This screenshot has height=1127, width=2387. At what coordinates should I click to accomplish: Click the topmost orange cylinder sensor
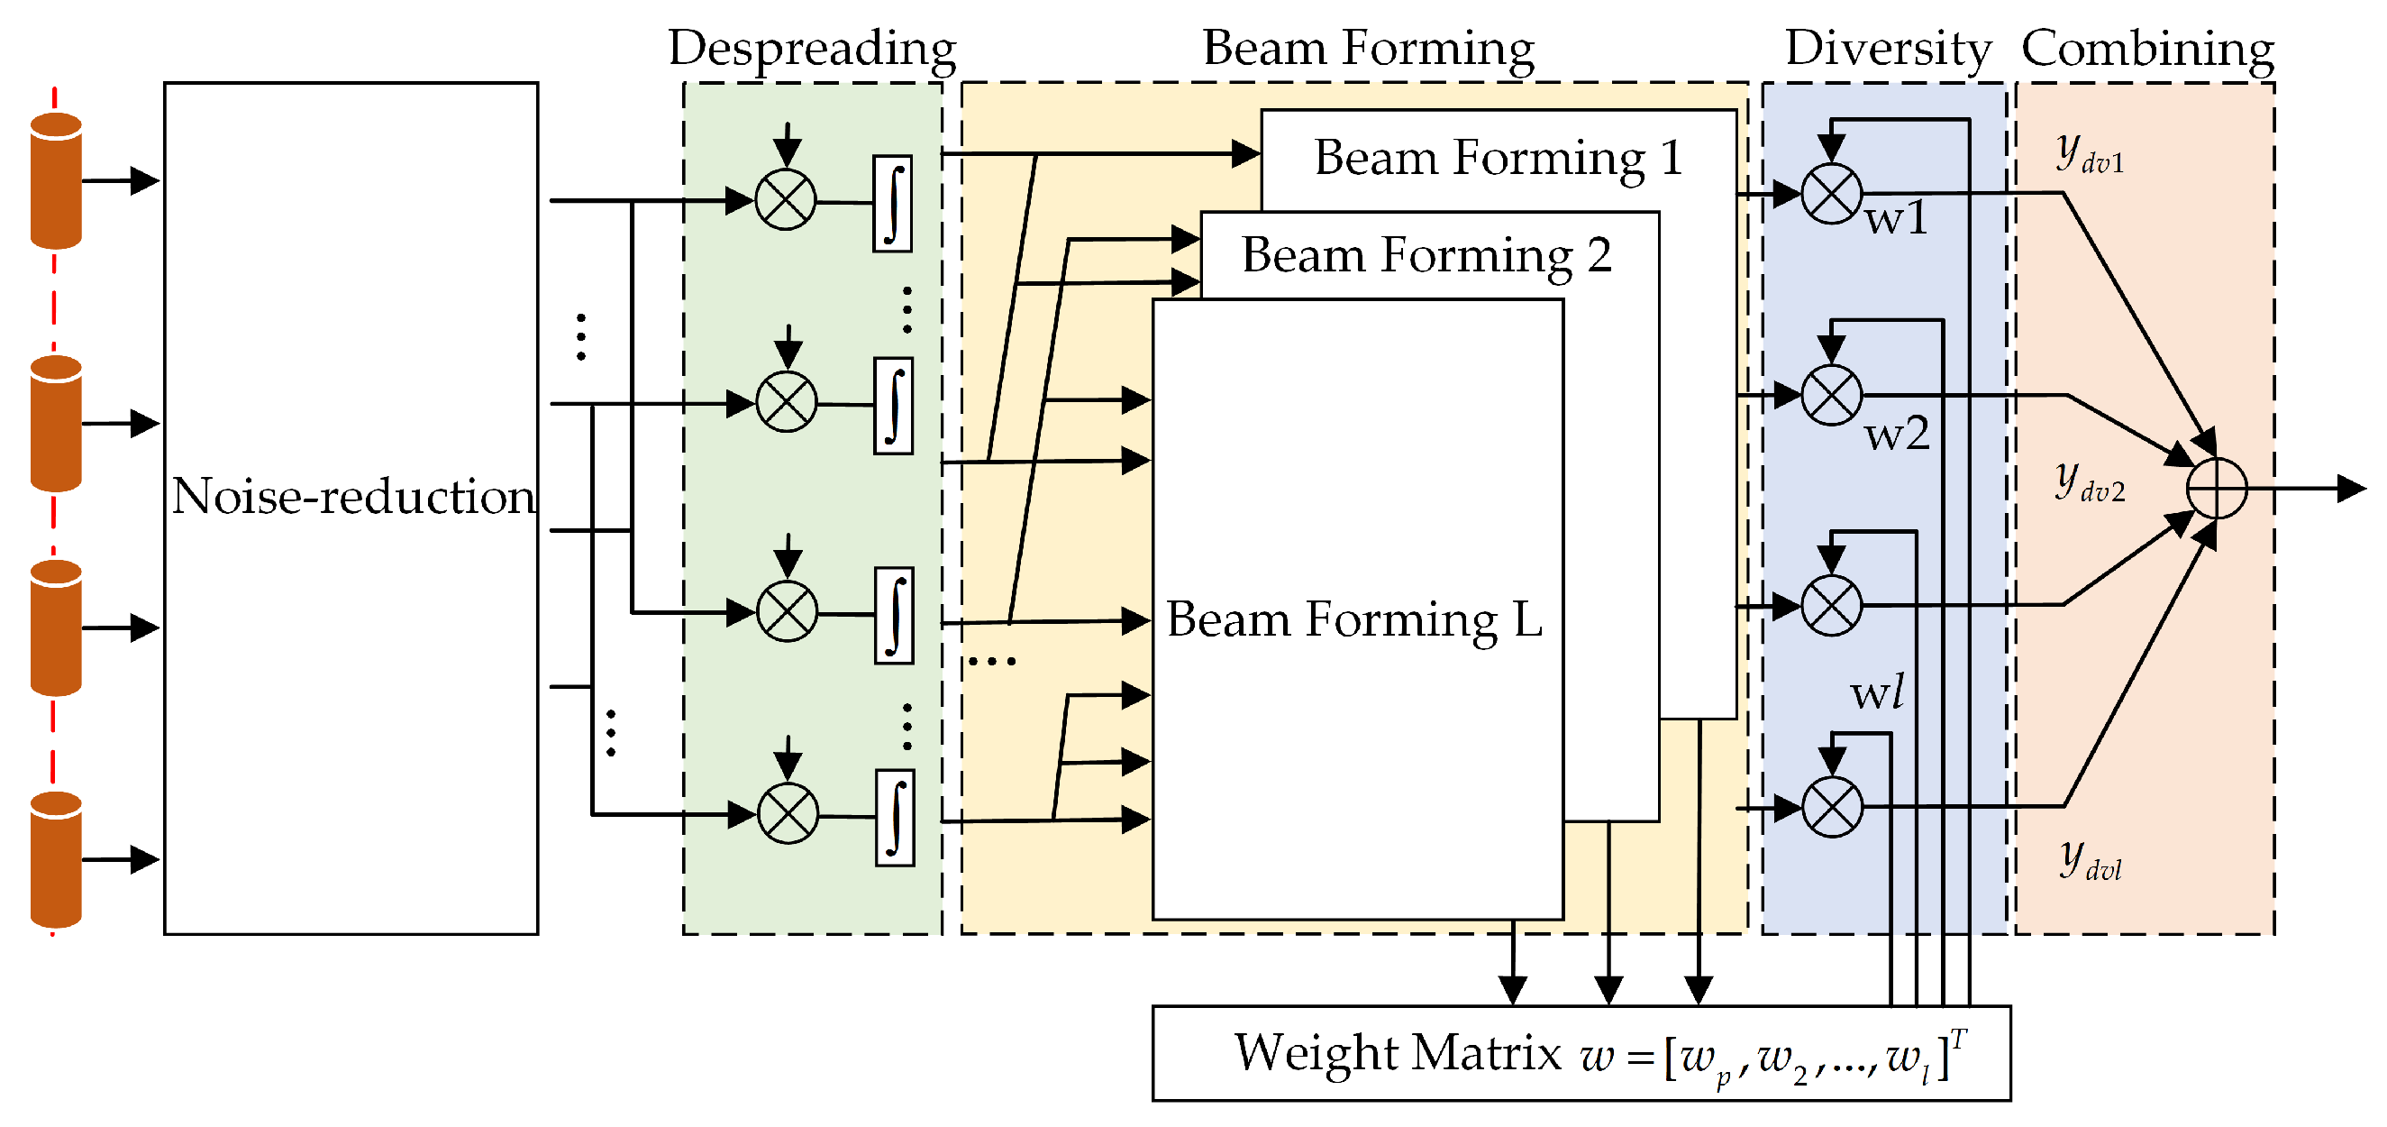click(x=56, y=180)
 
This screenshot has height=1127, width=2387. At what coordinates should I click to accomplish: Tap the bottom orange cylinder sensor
click(x=56, y=859)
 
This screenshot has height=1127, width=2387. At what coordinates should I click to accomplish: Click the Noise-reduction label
click(x=353, y=497)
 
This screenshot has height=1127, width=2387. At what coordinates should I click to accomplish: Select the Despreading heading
click(x=812, y=48)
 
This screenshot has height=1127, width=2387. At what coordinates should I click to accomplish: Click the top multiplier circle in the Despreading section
click(x=785, y=200)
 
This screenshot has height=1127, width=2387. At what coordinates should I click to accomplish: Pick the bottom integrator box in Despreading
click(x=894, y=818)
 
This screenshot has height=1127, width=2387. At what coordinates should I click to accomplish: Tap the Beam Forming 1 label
click(x=1498, y=158)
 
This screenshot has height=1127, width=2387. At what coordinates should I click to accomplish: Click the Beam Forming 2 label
click(x=1426, y=255)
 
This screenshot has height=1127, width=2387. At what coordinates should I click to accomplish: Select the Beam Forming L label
click(x=1353, y=619)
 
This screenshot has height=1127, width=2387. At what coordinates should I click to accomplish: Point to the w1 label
click(x=1896, y=219)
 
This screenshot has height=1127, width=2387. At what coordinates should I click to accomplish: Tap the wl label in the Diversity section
click(x=1876, y=692)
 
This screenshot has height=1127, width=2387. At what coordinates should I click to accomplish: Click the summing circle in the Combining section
click(x=2217, y=489)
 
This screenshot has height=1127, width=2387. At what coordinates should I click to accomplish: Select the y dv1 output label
click(x=2089, y=153)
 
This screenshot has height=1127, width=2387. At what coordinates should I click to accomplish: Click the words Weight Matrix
click(x=1398, y=1053)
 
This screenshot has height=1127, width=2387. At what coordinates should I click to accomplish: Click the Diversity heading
click(x=1888, y=48)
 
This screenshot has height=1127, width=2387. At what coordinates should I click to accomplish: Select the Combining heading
click(x=2147, y=48)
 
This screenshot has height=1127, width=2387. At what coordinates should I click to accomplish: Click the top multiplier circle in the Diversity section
click(x=1831, y=195)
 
